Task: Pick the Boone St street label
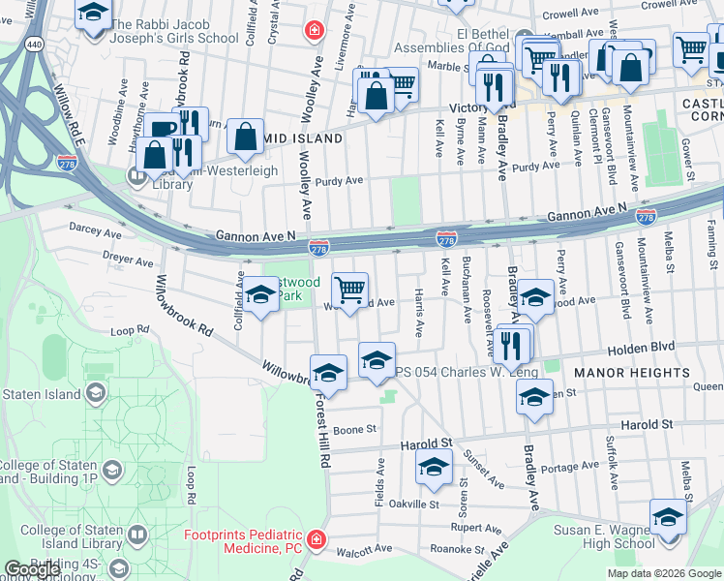click(x=354, y=429)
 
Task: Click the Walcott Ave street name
click(x=364, y=549)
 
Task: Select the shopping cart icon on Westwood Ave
click(x=349, y=288)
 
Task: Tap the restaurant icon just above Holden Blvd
click(x=512, y=343)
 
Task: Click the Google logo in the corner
click(x=32, y=569)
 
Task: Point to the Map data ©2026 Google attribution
click(x=663, y=573)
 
